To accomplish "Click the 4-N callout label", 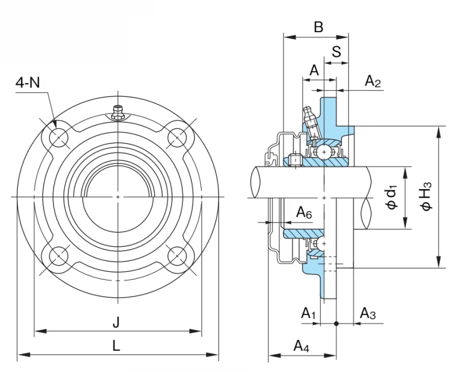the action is click(28, 83).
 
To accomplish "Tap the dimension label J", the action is click(117, 323).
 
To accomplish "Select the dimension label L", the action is click(117, 346).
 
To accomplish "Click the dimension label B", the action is click(319, 27).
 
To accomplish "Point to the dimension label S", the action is click(336, 52).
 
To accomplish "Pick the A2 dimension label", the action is click(373, 81).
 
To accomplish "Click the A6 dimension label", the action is click(304, 212).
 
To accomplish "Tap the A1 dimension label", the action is click(308, 313).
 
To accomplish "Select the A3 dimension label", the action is click(368, 313).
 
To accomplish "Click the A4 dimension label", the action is click(301, 346).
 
